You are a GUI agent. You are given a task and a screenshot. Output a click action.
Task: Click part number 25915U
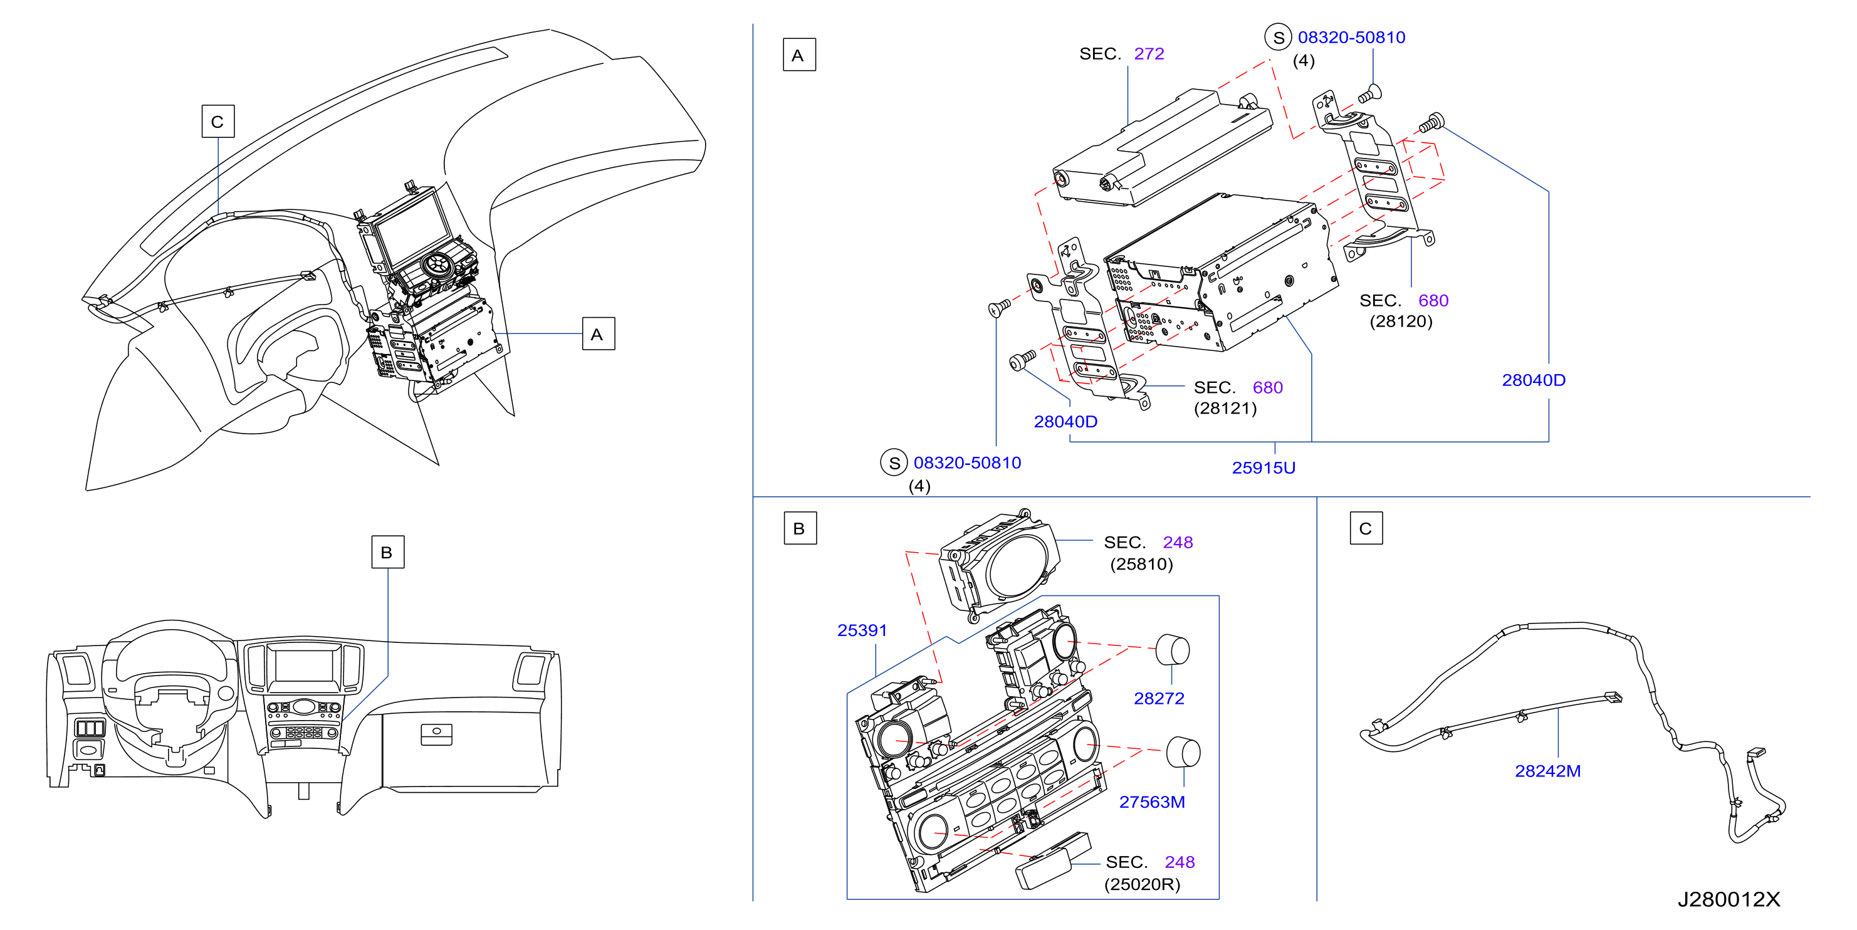pos(1263,468)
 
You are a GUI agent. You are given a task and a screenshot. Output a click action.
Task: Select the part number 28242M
pos(1548,771)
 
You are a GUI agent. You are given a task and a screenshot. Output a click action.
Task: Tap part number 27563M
pos(1152,802)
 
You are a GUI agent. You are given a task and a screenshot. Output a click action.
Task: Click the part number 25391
pos(862,630)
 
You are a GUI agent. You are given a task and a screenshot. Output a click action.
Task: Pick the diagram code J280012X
pos(1729,899)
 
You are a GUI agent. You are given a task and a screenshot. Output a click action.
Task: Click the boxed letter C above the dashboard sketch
pos(217,121)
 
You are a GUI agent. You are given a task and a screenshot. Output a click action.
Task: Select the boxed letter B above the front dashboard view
pos(387,552)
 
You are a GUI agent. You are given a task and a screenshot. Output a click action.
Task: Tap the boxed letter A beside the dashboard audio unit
pos(599,334)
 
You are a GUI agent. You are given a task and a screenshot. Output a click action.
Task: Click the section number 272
pos(1149,53)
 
